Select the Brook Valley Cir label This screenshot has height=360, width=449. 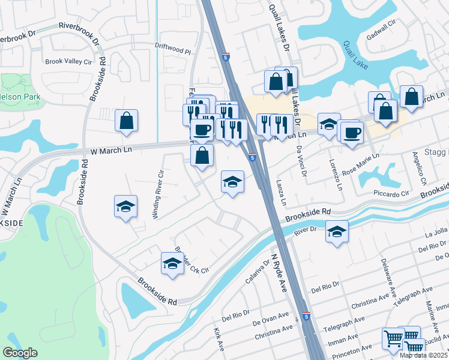tap(69, 61)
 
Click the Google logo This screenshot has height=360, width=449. tap(20, 353)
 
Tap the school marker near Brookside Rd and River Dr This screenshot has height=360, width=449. tap(337, 230)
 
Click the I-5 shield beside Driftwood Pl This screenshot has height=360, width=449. tap(224, 55)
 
